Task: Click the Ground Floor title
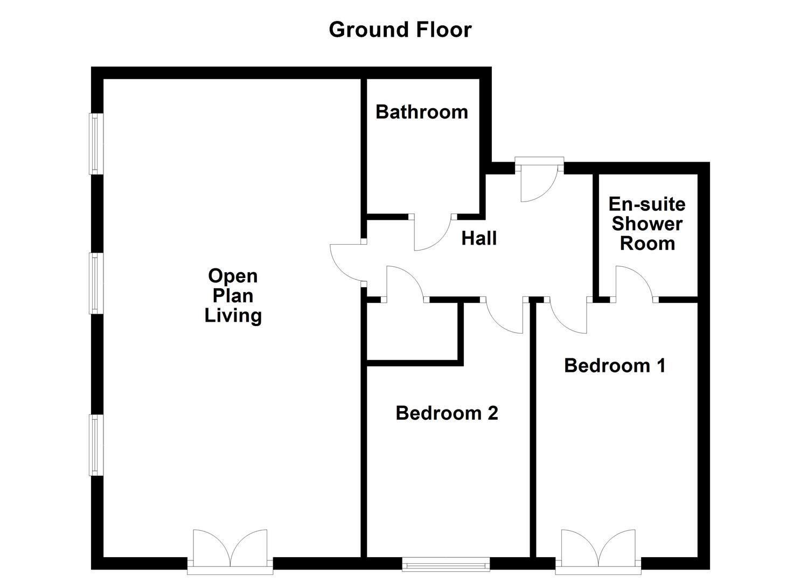400,30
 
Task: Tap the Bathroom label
422,112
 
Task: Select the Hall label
479,238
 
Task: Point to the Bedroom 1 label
615,365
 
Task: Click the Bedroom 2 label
447,413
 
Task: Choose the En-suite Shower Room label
647,224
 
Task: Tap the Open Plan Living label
233,296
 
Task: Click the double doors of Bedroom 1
598,552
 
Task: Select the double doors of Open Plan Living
230,552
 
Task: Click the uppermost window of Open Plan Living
96,144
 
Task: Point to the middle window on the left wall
96,283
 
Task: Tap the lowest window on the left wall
96,445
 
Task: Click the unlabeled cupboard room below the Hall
412,331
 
